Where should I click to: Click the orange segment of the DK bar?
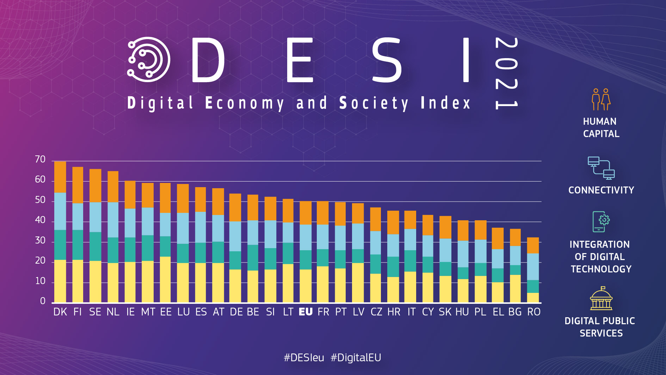[x=60, y=177]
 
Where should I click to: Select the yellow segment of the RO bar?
[x=533, y=298]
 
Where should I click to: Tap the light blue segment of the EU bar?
[x=306, y=237]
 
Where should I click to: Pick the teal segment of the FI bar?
[x=78, y=245]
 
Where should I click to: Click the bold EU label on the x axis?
[x=306, y=312]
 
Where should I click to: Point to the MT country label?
[x=148, y=312]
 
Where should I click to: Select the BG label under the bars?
[x=515, y=312]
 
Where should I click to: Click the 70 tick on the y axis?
[x=40, y=160]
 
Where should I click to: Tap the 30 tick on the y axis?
[x=40, y=241]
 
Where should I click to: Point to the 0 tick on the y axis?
[x=43, y=301]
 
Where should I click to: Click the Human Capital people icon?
[x=601, y=99]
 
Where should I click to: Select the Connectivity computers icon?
[x=601, y=168]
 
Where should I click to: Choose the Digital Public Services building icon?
[x=601, y=299]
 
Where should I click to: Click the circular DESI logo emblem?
[x=148, y=60]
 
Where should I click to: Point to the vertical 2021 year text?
[x=506, y=73]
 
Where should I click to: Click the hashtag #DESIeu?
[x=304, y=358]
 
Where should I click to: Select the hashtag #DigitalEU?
[x=356, y=358]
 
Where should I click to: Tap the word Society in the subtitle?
[x=374, y=103]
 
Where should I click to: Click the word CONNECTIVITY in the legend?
[x=601, y=190]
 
